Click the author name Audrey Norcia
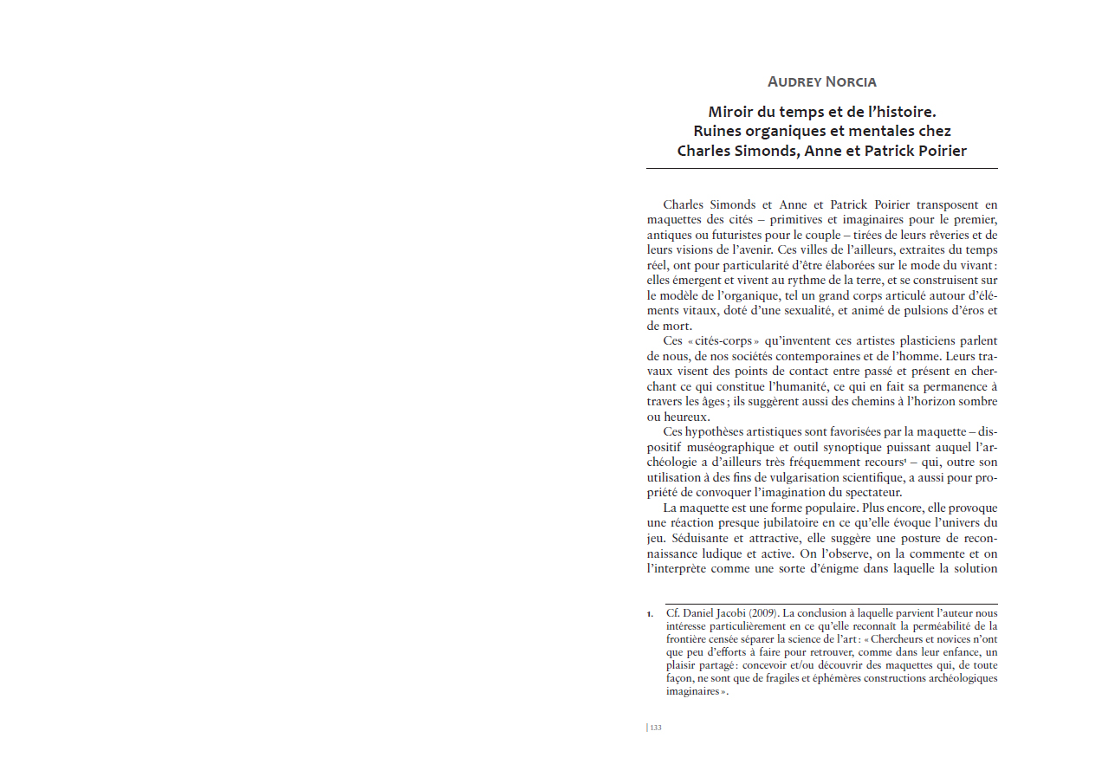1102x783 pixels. [x=821, y=82]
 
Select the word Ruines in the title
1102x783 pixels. [x=717, y=131]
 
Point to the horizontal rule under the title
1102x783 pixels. [x=821, y=168]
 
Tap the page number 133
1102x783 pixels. [x=656, y=728]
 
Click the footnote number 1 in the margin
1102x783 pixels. [x=649, y=614]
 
